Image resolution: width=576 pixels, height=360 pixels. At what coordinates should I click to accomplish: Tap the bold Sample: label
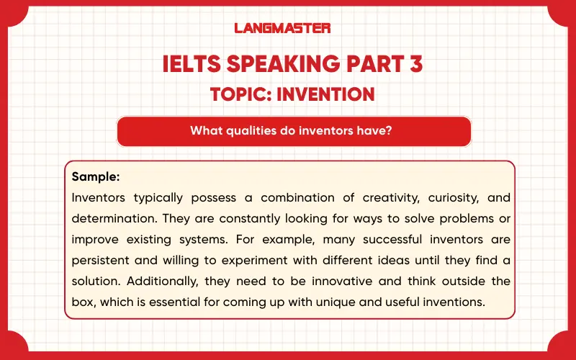(96, 176)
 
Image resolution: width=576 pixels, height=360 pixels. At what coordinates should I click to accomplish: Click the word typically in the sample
(158, 197)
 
